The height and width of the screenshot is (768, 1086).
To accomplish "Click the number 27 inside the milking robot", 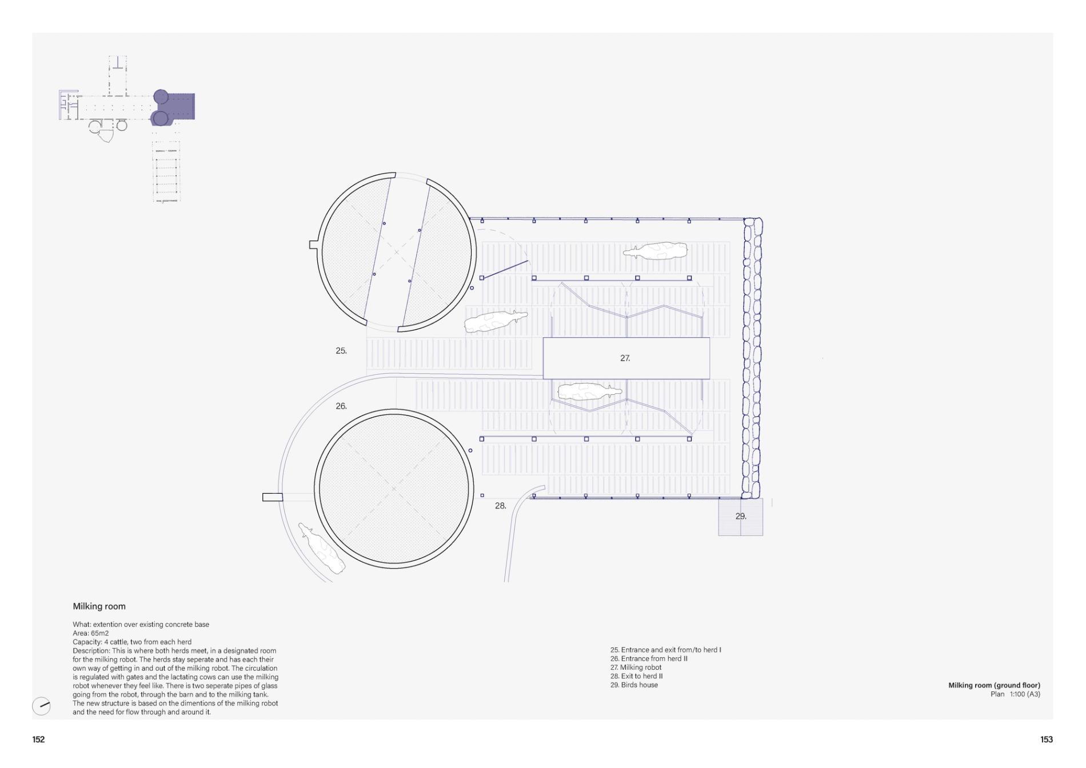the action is click(625, 358).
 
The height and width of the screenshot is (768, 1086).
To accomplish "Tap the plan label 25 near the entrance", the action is click(341, 351).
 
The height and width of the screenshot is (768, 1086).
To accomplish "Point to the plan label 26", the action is click(341, 406).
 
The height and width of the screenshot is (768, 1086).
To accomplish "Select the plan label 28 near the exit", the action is click(501, 506).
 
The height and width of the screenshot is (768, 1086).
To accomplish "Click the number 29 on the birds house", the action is click(741, 516).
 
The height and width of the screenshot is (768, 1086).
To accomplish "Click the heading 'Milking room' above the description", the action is click(99, 606).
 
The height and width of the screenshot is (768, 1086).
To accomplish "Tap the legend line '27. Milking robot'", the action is click(636, 667).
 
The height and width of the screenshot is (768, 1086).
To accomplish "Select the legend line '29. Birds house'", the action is click(634, 685).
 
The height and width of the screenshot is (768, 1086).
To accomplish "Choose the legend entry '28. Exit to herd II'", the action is click(636, 676).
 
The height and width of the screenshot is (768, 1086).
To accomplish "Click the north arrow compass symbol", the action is click(41, 706).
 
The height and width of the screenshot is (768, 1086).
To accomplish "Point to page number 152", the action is click(38, 739).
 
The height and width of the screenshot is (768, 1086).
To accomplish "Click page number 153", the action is click(1047, 739).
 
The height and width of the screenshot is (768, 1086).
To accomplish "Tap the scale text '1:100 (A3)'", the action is click(1025, 694).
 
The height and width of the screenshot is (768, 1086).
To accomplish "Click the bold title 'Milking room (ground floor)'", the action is click(994, 685).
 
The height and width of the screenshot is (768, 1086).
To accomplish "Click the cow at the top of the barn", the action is click(655, 250).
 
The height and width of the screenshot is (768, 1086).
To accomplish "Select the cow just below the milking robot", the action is click(589, 392).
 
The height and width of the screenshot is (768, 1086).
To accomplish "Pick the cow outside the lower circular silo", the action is click(322, 548).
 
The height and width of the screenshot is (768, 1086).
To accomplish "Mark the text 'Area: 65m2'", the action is click(90, 633).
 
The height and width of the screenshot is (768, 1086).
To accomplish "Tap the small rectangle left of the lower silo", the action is click(273, 497).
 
